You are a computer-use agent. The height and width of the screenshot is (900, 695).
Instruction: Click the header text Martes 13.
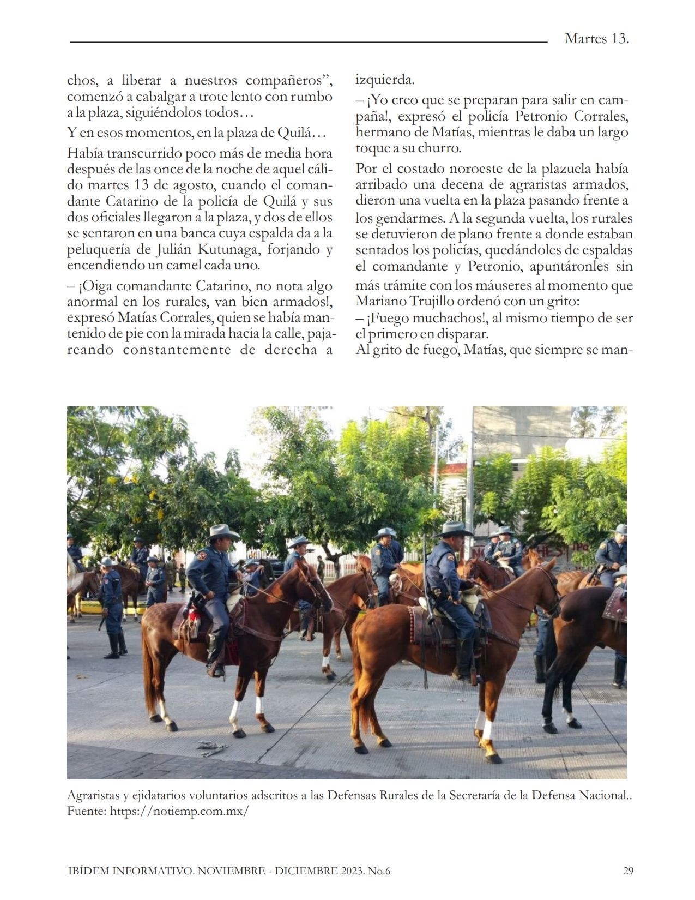click(597, 39)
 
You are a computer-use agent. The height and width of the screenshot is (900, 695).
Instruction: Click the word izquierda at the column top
click(385, 80)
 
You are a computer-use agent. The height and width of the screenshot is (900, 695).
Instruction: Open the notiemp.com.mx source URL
click(179, 811)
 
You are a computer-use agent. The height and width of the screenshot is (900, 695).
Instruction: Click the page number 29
click(628, 871)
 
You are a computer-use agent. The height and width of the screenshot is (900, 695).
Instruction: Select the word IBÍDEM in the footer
click(87, 871)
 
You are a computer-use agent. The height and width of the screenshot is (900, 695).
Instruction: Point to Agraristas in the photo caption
click(93, 795)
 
